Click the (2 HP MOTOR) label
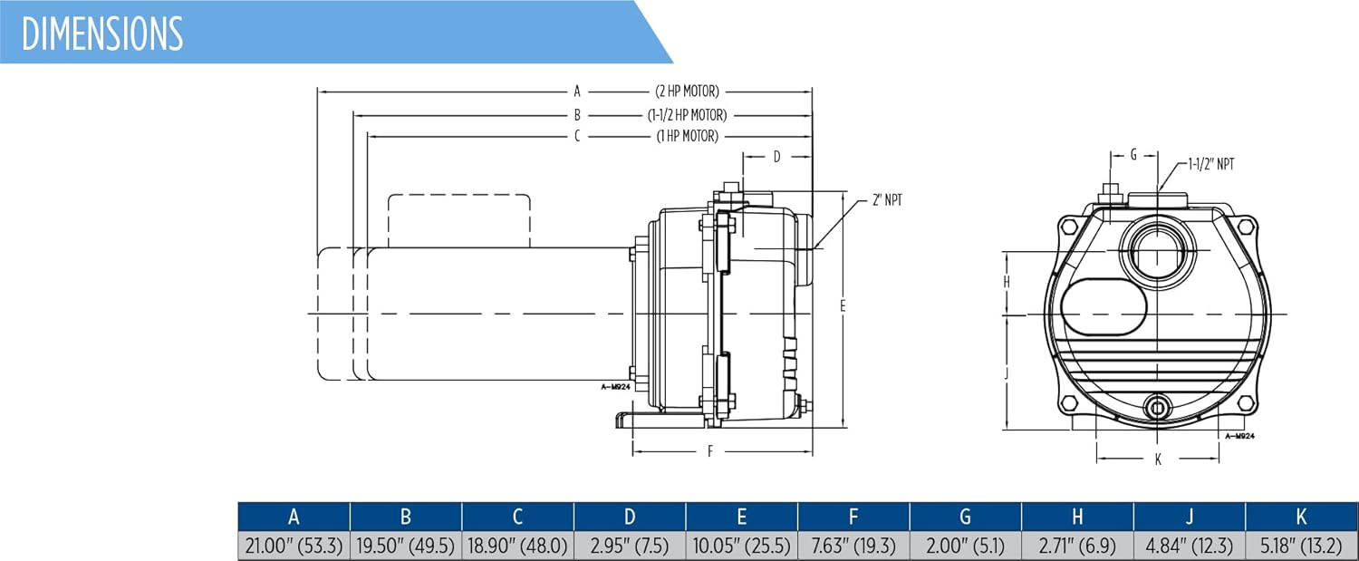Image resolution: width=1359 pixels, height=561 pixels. [x=687, y=91]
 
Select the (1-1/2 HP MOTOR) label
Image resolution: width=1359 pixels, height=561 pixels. [x=687, y=115]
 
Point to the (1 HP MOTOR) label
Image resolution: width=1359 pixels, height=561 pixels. [x=688, y=136]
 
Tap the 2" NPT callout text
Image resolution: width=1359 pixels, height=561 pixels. [x=887, y=199]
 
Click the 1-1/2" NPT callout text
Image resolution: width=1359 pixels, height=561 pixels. [x=1211, y=164]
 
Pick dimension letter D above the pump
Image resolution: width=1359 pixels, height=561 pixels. [x=776, y=157]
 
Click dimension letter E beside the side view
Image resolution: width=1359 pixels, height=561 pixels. [x=843, y=306]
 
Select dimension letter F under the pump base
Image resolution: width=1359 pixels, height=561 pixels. [x=710, y=451]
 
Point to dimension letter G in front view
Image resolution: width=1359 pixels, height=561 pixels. [x=1133, y=155]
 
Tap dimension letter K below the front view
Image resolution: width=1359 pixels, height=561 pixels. [x=1158, y=459]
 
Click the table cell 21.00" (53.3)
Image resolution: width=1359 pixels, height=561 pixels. [x=294, y=546]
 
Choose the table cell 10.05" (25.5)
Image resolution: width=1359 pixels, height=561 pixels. [x=741, y=546]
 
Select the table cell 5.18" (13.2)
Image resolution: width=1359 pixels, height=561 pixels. [x=1301, y=546]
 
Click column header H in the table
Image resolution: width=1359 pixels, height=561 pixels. [x=1077, y=517]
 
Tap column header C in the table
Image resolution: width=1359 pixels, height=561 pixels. [x=517, y=517]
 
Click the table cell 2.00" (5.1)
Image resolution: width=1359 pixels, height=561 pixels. [x=965, y=546]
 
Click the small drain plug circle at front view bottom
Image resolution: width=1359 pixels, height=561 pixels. [x=1158, y=408]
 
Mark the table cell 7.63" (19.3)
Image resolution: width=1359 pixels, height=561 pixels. [x=853, y=546]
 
